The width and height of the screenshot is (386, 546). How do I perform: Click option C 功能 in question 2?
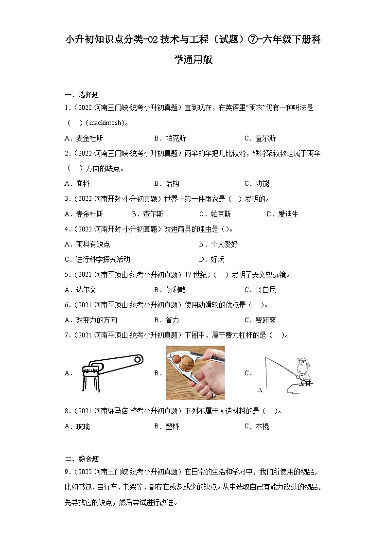257,183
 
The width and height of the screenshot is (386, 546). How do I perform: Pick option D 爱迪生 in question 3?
282,214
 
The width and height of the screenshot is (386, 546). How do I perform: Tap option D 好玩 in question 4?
211,259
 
